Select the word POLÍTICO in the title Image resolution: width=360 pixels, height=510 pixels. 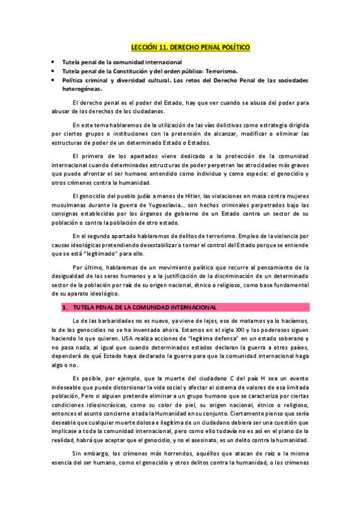tap(232, 46)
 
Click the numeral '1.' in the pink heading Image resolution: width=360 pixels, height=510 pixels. tap(65, 307)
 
